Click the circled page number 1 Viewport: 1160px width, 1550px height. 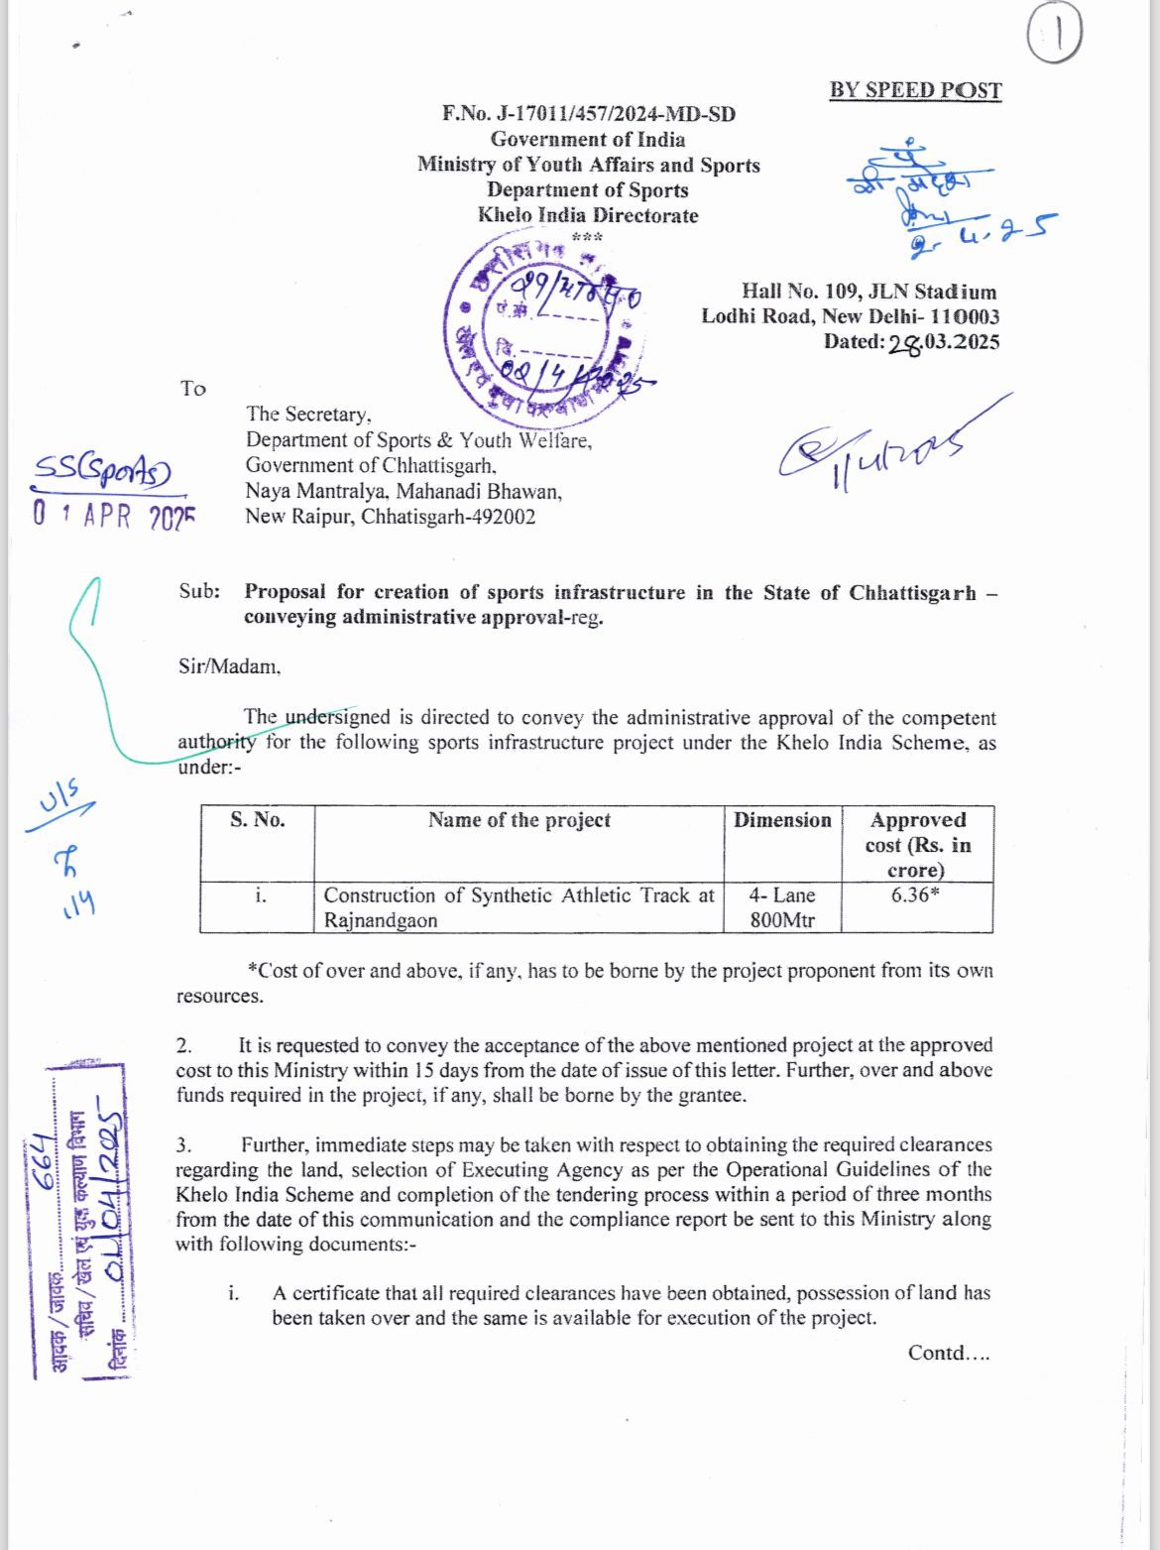pyautogui.click(x=1055, y=38)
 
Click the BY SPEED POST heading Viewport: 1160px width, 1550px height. pyautogui.click(x=915, y=90)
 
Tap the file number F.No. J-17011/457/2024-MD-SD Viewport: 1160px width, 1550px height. pyautogui.click(x=589, y=114)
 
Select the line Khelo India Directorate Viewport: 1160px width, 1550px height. pyautogui.click(x=588, y=215)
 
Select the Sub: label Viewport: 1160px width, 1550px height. pyautogui.click(x=199, y=592)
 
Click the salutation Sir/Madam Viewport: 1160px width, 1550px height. pyautogui.click(x=229, y=666)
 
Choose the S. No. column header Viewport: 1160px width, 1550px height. pyautogui.click(x=257, y=820)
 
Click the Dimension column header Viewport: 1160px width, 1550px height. pyautogui.click(x=782, y=820)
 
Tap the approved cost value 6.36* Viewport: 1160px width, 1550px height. pyautogui.click(x=917, y=894)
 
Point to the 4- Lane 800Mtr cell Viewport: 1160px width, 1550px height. pyautogui.click(x=782, y=907)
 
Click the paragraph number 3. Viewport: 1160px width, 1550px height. pyautogui.click(x=183, y=1145)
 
